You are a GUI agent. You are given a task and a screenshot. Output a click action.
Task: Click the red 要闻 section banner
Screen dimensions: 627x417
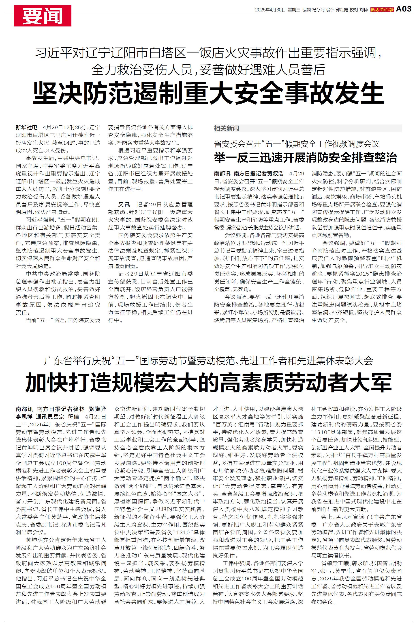pyautogui.click(x=43, y=16)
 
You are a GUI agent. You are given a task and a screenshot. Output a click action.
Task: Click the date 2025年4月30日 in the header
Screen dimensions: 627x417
pyautogui.click(x=270, y=10)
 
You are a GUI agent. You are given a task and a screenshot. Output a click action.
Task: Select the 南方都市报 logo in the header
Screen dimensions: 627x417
pyautogui.click(x=382, y=10)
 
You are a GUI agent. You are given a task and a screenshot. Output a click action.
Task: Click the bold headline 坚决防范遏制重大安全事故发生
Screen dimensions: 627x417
pyautogui.click(x=209, y=93)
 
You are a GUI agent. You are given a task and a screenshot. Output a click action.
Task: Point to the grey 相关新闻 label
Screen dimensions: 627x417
pyautogui.click(x=226, y=128)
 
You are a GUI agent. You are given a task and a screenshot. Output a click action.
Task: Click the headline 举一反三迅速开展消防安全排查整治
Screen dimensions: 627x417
pyautogui.click(x=305, y=158)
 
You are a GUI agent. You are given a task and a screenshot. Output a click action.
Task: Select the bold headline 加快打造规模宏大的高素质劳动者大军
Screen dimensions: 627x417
pyautogui.click(x=209, y=383)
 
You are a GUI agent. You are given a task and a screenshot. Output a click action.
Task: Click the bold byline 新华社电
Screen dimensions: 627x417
pyautogui.click(x=26, y=127)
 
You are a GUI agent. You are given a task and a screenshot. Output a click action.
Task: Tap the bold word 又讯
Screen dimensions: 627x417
pyautogui.click(x=124, y=205)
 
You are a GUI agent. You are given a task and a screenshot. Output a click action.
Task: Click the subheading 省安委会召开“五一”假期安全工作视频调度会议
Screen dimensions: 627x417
pyautogui.click(x=297, y=144)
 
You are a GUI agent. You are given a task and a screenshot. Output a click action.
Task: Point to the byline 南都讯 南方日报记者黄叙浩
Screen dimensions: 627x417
pyautogui.click(x=249, y=174)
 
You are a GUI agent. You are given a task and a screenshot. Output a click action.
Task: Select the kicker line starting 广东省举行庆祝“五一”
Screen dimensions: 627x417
pyautogui.click(x=209, y=361)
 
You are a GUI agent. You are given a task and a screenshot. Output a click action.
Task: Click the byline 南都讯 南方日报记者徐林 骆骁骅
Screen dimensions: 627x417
pyautogui.click(x=61, y=409)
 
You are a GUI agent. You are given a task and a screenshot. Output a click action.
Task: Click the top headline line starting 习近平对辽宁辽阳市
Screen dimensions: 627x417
pyautogui.click(x=209, y=53)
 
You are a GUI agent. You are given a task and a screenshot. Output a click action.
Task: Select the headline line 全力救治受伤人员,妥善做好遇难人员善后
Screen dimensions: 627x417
pyautogui.click(x=209, y=70)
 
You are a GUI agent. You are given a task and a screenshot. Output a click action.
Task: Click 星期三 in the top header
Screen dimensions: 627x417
pyautogui.click(x=294, y=10)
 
